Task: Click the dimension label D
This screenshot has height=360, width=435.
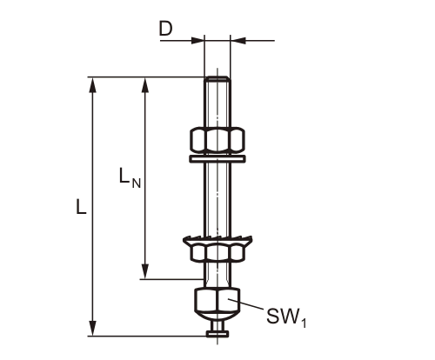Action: coord(165,30)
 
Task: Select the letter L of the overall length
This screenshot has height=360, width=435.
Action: coord(79,208)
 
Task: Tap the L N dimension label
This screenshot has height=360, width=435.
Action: coord(128,177)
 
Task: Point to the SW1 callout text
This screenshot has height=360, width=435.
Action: coord(286,317)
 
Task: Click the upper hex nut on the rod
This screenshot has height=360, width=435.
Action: coord(217,139)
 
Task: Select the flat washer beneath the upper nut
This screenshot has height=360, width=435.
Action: coord(217,158)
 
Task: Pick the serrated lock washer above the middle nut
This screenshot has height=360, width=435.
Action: coord(217,239)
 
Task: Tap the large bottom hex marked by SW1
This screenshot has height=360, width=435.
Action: coord(217,302)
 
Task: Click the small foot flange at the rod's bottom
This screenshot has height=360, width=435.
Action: coord(217,333)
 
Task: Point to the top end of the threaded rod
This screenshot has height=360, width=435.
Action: coord(217,81)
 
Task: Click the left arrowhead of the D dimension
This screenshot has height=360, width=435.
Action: coord(198,39)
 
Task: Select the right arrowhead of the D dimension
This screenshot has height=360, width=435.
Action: coord(236,39)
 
